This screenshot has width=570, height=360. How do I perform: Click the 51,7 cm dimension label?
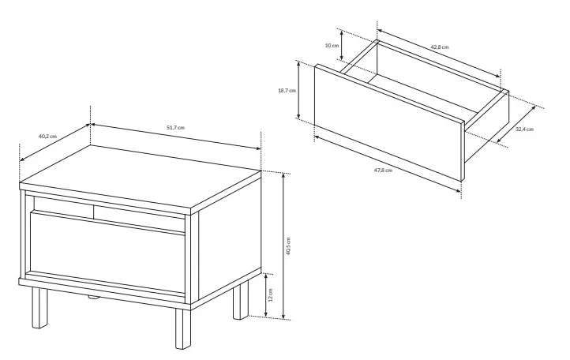[x=175, y=128]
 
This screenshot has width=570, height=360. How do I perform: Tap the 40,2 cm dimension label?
[x=47, y=137]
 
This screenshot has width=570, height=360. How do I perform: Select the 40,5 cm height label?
[x=288, y=246]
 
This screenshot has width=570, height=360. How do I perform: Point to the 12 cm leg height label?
[x=270, y=294]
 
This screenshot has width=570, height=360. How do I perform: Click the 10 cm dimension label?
[x=332, y=46]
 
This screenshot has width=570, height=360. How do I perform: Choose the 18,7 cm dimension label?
[x=287, y=91]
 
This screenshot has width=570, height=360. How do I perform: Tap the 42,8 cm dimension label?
[x=440, y=47]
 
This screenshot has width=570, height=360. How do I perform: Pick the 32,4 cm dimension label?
[x=524, y=129]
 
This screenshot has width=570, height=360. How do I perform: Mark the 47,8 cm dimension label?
[x=383, y=171]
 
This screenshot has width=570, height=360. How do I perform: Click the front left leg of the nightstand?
[x=39, y=307]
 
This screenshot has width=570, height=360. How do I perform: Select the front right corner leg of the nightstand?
[x=183, y=328]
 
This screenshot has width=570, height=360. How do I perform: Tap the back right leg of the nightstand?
[x=240, y=300]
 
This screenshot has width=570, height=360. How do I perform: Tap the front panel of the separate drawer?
[x=389, y=122]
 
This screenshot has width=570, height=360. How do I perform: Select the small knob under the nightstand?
[x=93, y=297]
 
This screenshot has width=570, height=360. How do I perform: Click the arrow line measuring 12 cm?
[x=266, y=294]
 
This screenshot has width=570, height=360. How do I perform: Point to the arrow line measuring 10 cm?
[x=341, y=45]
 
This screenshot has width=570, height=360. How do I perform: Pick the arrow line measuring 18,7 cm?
[x=298, y=90]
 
